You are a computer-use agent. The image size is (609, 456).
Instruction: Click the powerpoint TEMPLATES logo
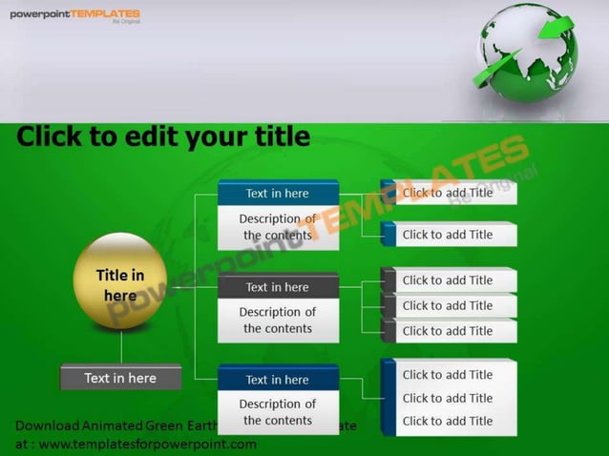click(x=74, y=15)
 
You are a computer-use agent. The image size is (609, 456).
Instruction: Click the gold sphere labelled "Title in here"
click(x=120, y=282)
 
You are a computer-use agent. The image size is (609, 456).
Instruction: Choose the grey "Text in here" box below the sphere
click(x=120, y=378)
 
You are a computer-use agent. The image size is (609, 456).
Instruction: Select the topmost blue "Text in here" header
click(x=278, y=194)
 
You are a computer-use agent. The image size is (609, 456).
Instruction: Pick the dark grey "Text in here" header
click(x=278, y=287)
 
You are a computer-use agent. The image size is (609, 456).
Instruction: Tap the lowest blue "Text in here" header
click(x=278, y=380)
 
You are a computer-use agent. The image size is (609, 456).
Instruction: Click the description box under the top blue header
click(x=278, y=227)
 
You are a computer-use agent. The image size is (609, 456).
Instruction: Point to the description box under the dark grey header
click(x=278, y=321)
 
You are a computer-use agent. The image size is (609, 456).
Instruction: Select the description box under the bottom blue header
click(x=278, y=412)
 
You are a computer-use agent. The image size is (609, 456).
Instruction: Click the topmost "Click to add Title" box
click(x=448, y=193)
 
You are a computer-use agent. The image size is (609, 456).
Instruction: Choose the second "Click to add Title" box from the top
click(x=448, y=235)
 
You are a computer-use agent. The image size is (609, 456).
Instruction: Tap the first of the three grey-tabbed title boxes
click(x=448, y=280)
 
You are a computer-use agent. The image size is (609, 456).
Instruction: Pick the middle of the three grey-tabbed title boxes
click(x=448, y=305)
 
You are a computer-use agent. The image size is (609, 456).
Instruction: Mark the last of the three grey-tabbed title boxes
click(x=448, y=331)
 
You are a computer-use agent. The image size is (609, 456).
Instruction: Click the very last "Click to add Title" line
click(x=448, y=421)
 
